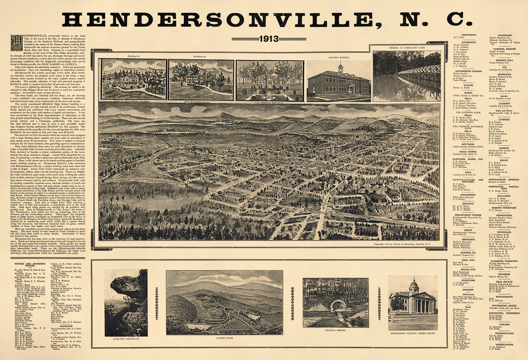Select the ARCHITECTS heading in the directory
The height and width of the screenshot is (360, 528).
(468, 35)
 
